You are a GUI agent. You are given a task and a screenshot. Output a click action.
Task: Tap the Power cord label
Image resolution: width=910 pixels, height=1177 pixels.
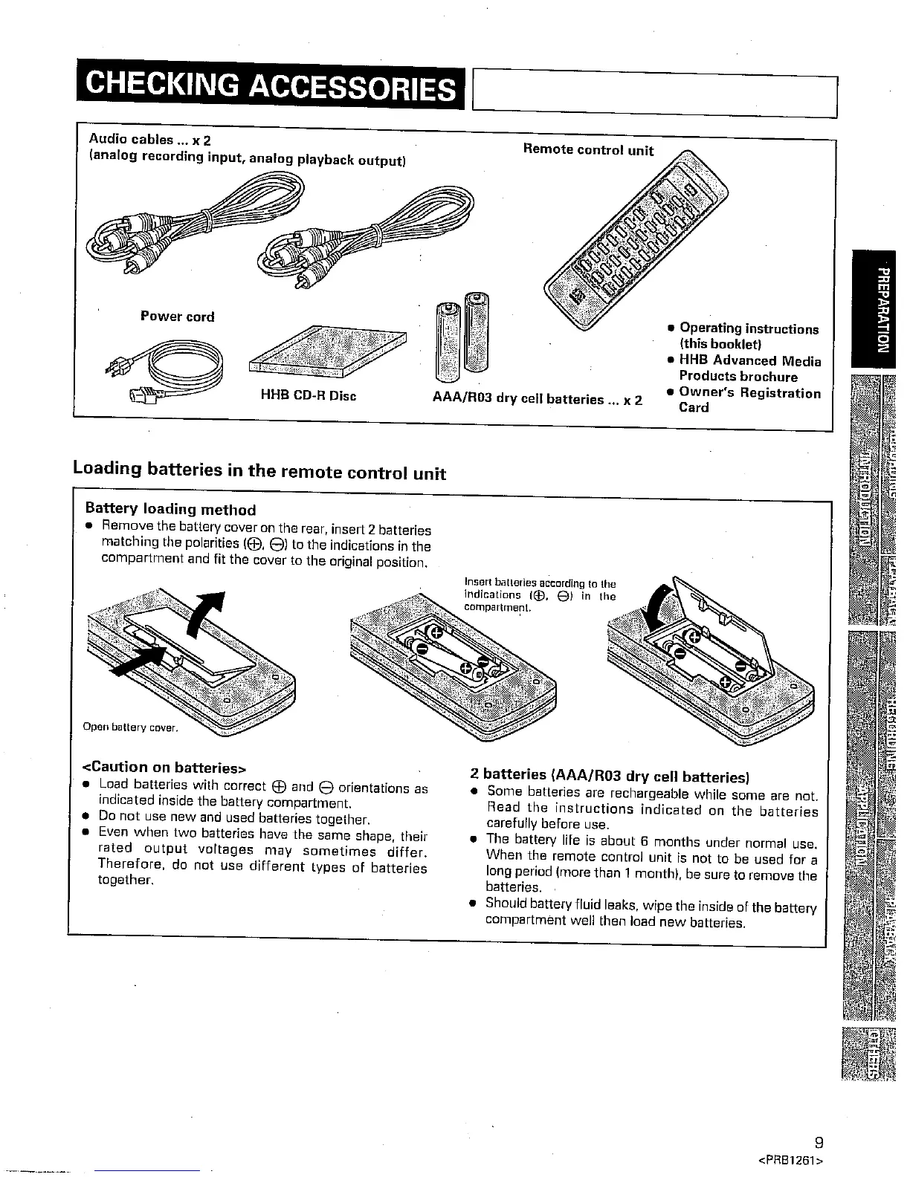click(178, 317)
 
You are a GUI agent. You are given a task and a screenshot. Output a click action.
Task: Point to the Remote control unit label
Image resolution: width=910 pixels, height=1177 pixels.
click(588, 150)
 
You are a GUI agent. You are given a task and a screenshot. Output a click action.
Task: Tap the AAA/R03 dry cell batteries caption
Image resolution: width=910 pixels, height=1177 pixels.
click(537, 399)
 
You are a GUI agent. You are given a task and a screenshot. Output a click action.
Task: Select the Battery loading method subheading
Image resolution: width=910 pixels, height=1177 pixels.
click(170, 510)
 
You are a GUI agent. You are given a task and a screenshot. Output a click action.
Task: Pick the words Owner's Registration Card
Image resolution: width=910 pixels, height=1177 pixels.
click(749, 400)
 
